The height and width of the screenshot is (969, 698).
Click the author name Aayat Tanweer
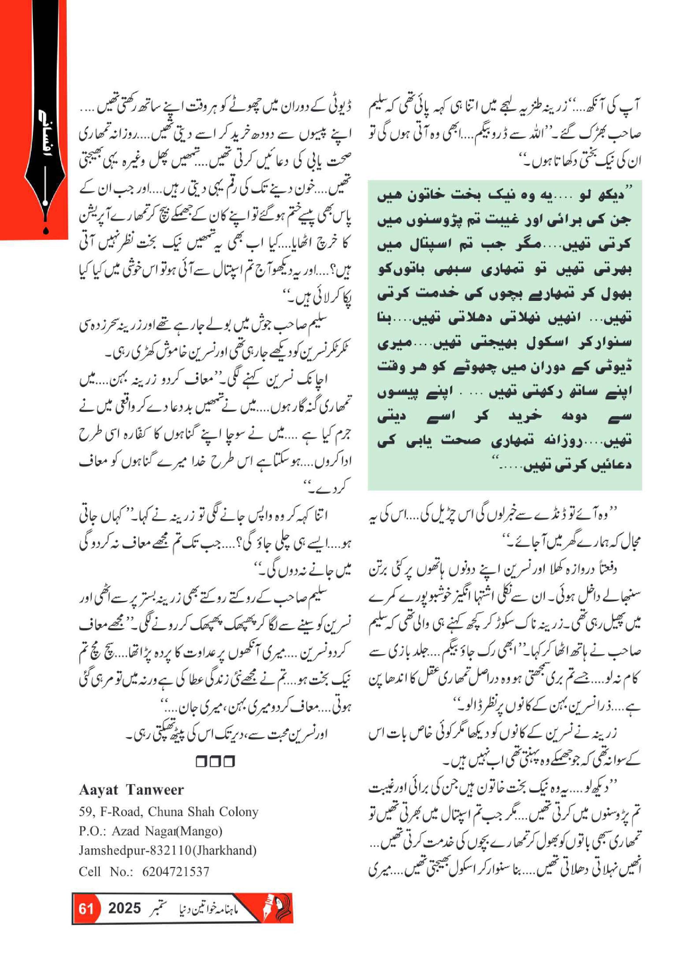tap(131, 790)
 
